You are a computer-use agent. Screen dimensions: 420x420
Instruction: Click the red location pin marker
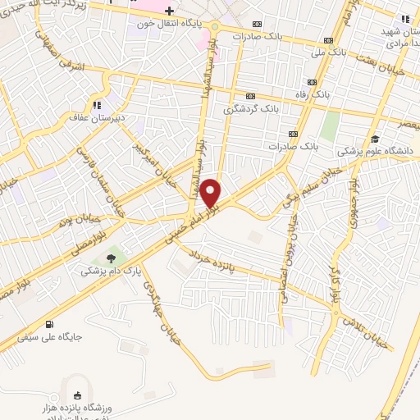click(x=211, y=192)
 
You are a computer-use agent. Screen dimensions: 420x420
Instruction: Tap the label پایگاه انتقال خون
click(x=168, y=24)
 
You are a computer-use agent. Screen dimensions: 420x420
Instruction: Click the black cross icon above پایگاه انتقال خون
click(x=169, y=11)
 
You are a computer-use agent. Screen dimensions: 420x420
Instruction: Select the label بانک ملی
click(x=328, y=52)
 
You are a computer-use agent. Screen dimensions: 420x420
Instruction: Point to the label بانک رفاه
click(x=313, y=94)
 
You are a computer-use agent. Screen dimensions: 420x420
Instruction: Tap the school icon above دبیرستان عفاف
click(x=98, y=105)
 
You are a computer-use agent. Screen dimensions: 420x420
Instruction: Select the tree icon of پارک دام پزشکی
click(x=111, y=257)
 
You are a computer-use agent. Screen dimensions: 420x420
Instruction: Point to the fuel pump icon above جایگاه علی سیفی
click(x=52, y=323)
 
